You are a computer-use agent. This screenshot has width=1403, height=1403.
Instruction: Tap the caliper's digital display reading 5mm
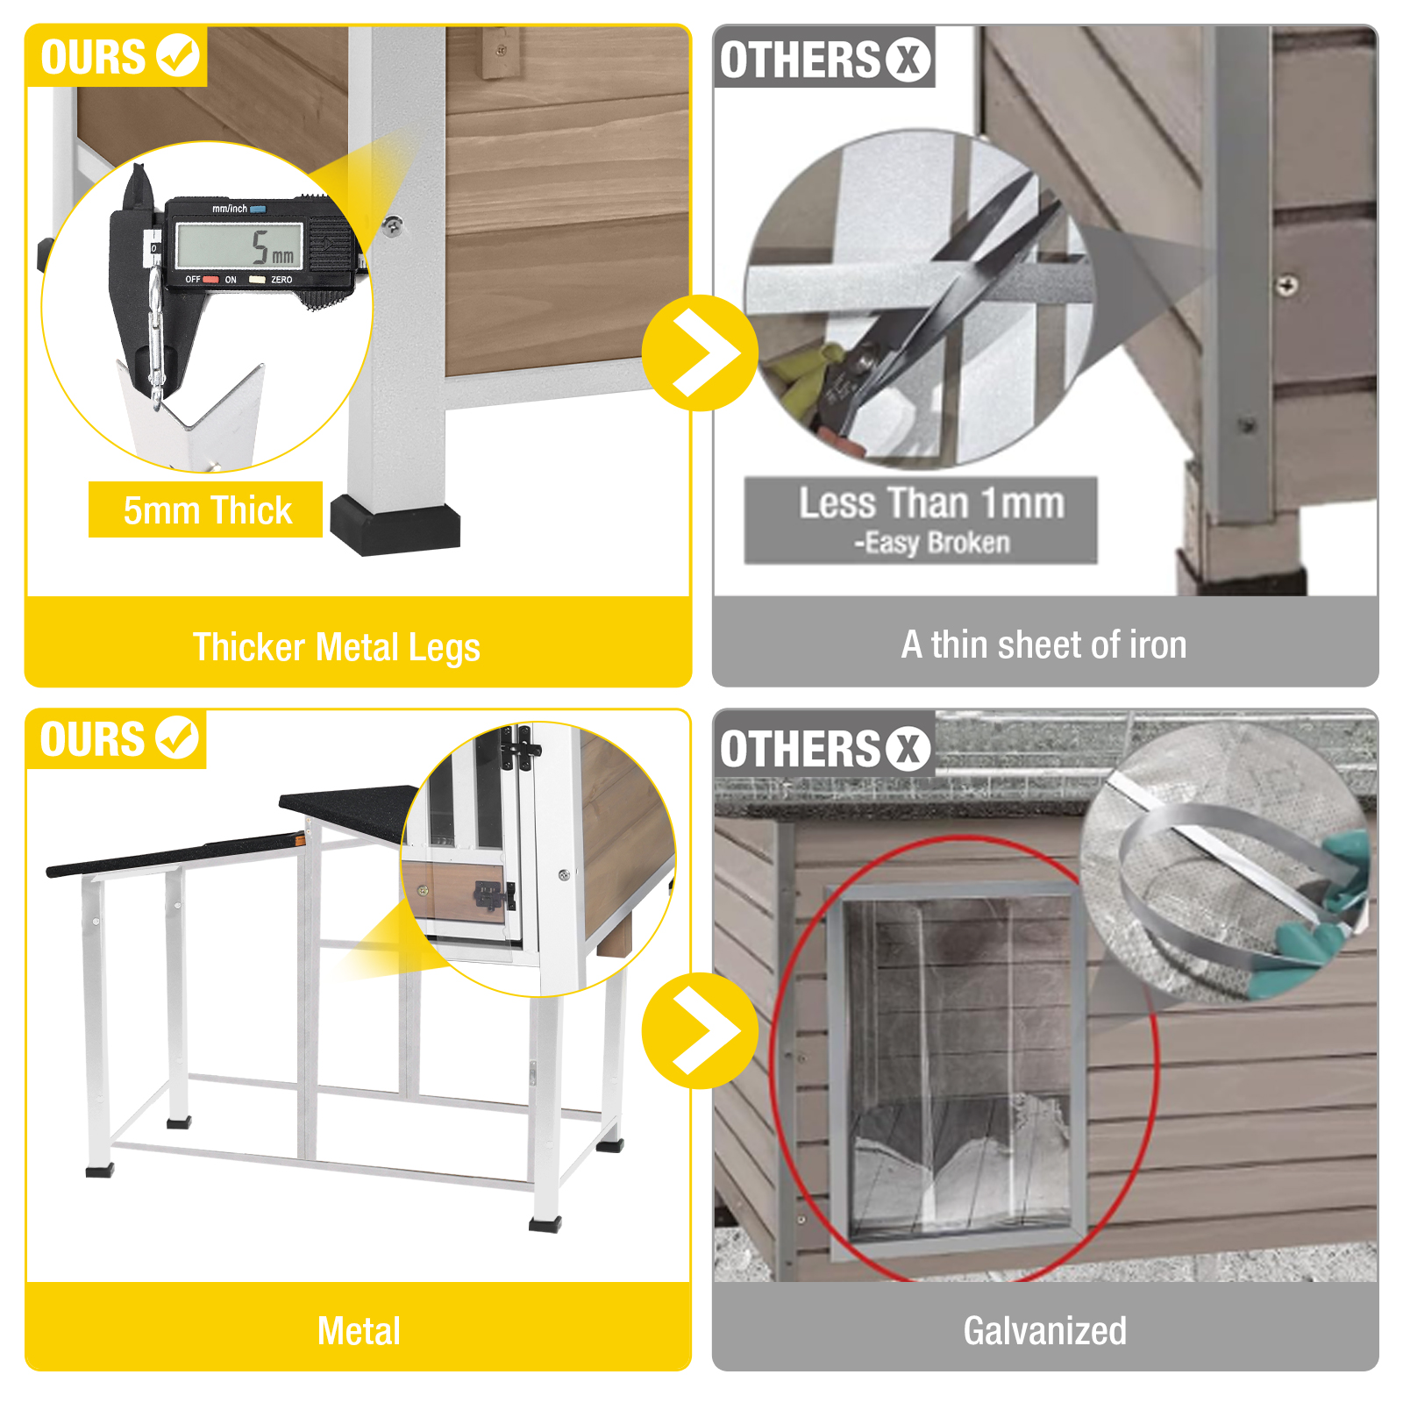[239, 246]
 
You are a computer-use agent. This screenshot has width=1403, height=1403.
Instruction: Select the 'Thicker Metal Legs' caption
[337, 647]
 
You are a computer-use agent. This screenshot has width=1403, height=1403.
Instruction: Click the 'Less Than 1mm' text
[931, 503]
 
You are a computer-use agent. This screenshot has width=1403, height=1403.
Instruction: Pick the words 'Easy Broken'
[937, 543]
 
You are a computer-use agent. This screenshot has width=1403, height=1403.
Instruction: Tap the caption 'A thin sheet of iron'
[1043, 645]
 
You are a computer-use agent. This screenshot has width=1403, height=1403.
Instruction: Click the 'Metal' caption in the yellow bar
[359, 1331]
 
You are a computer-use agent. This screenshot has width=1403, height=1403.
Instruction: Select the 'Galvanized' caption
[1044, 1330]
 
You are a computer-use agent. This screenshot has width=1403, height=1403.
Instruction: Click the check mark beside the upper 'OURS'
[178, 55]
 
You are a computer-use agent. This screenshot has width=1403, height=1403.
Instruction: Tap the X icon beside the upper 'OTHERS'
[908, 61]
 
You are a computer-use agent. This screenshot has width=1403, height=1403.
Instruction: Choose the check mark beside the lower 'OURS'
[178, 737]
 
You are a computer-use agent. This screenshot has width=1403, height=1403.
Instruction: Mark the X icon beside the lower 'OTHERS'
[908, 750]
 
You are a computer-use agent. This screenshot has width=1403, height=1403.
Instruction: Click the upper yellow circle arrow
[699, 353]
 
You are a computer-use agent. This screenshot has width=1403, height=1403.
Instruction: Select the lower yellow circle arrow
[699, 1030]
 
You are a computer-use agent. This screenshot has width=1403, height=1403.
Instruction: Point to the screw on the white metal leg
[394, 225]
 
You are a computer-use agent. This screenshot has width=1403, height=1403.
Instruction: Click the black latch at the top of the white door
[520, 750]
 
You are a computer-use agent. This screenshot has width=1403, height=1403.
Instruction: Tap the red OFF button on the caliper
[210, 280]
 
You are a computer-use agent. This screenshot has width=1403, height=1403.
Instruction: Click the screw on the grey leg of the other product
[1286, 284]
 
